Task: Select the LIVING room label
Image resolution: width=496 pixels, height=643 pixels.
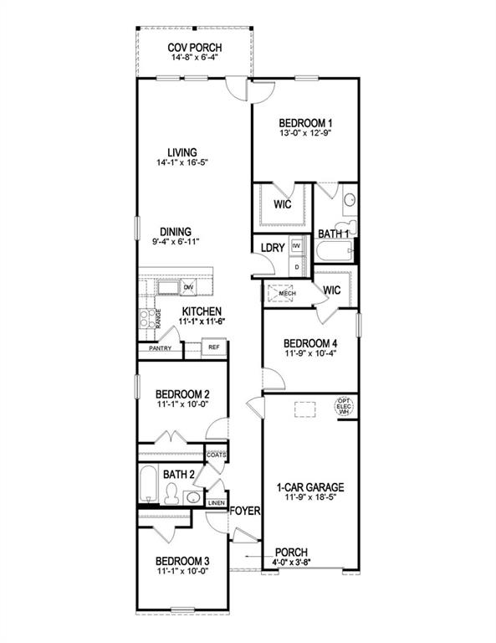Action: coord(182,152)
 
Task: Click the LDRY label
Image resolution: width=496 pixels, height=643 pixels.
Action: coord(273,248)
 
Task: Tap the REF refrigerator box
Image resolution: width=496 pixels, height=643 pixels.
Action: coord(213,346)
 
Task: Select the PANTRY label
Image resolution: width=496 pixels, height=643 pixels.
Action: coord(160,347)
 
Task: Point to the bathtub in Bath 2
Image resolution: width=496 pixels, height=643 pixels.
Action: coord(148,485)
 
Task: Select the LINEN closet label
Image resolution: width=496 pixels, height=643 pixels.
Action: coord(216,503)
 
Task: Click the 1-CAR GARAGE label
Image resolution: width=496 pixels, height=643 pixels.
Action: coord(310,486)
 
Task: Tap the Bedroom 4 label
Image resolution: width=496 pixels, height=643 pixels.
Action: coord(310,343)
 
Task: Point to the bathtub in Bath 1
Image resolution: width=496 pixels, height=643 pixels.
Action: coord(333,252)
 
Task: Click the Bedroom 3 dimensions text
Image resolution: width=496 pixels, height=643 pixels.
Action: coord(182,571)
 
